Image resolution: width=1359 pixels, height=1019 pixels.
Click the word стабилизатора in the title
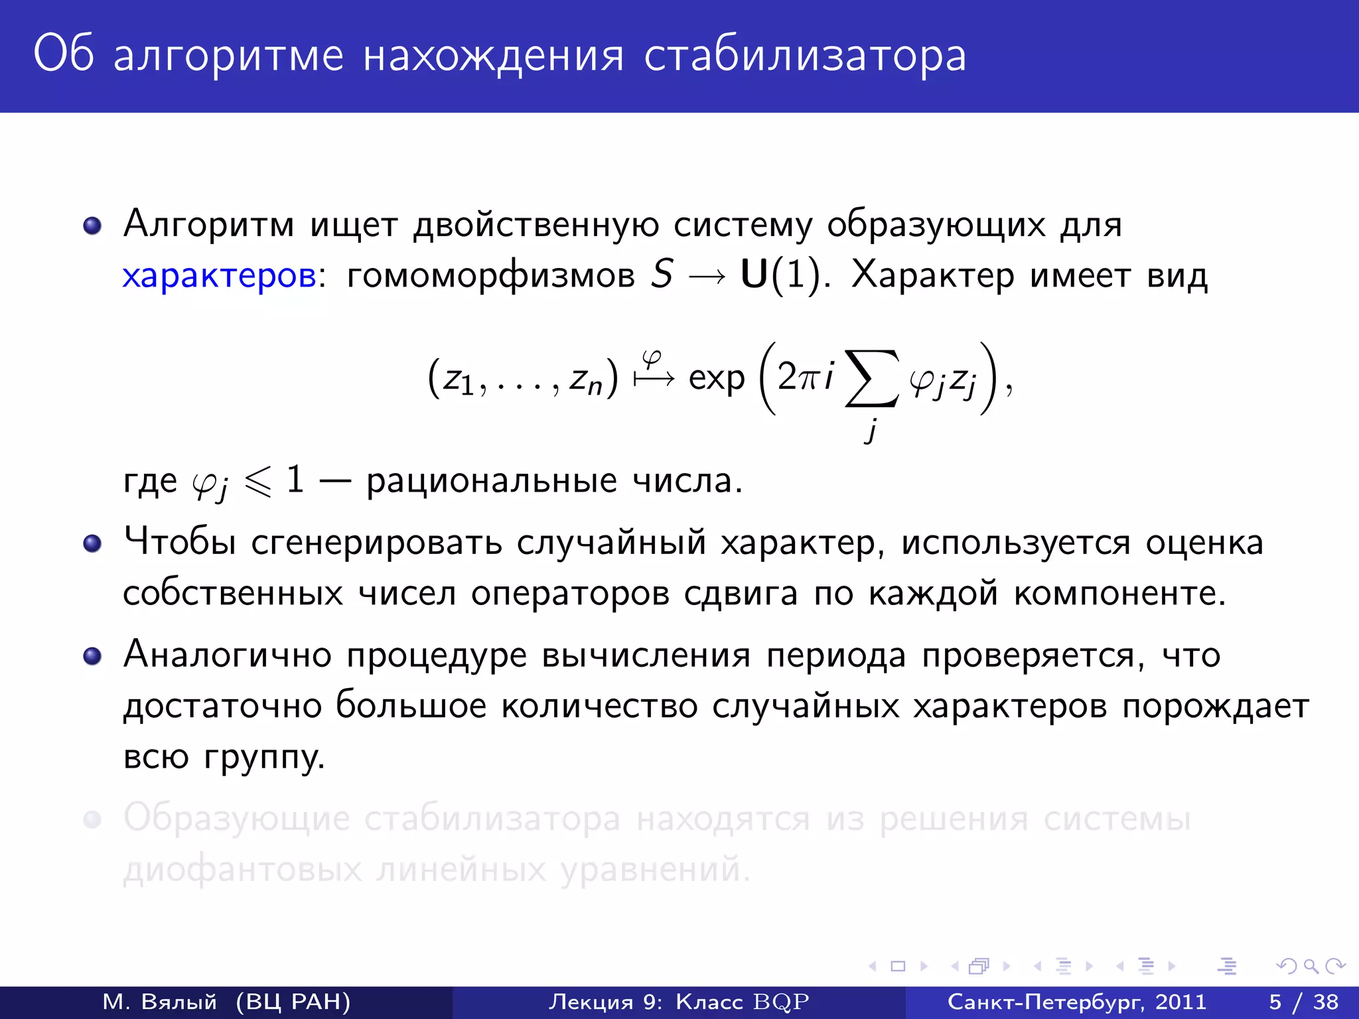coord(805,56)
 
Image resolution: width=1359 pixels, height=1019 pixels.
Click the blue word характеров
coord(219,275)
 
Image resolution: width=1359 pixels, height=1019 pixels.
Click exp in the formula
coord(717,379)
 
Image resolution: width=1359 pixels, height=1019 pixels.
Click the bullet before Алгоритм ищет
coord(92,226)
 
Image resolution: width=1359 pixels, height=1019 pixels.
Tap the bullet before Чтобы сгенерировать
coord(92,544)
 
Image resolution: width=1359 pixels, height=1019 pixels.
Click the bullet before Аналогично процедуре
coord(92,656)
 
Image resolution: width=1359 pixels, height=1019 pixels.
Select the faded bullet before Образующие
coord(92,819)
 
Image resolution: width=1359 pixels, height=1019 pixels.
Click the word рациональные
coord(491,481)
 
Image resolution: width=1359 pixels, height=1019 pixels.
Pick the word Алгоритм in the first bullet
coord(208,224)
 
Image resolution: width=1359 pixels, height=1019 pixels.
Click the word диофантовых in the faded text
coord(242,869)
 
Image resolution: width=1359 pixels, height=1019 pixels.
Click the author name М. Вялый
coord(160,1002)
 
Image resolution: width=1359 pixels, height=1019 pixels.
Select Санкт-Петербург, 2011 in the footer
coord(1076,1002)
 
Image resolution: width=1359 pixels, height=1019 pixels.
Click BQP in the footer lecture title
coord(781,1002)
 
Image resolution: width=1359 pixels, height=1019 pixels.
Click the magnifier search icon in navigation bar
coord(1311,967)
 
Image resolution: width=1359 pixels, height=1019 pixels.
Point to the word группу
coord(263,757)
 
